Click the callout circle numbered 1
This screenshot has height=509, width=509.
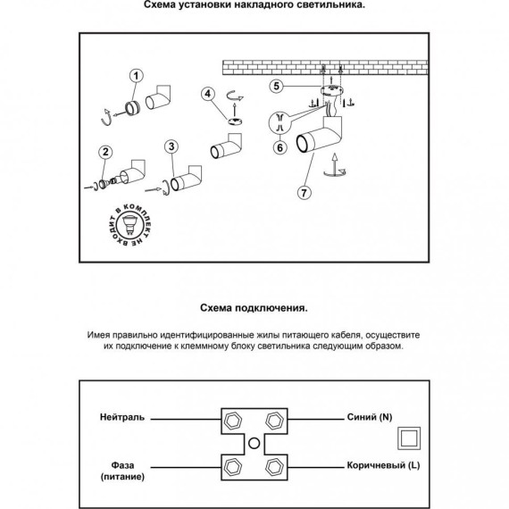[x=136, y=76]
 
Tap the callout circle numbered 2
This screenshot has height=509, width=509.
[x=105, y=152]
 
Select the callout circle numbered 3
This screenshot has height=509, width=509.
[x=171, y=146]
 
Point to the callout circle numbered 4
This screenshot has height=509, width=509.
[x=208, y=94]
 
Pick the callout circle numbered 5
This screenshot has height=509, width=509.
[x=276, y=87]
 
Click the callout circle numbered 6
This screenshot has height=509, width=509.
[x=280, y=147]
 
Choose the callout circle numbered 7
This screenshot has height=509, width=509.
[x=304, y=193]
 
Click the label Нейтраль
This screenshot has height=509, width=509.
[x=122, y=417]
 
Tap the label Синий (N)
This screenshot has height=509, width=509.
[x=370, y=417]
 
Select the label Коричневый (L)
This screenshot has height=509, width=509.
[x=383, y=465]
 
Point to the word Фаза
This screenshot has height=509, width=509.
[x=122, y=465]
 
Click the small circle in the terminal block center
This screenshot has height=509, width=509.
[x=254, y=444]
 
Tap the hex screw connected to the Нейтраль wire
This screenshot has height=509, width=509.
[x=233, y=421]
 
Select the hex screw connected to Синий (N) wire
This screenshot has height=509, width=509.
[x=275, y=421]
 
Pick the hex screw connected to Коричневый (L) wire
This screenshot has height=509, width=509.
[x=275, y=468]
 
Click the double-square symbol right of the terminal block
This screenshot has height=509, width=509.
[x=409, y=438]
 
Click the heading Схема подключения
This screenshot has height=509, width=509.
[x=254, y=308]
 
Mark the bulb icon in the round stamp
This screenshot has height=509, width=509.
[x=130, y=225]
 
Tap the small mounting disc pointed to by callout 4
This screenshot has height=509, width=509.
[x=234, y=121]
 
